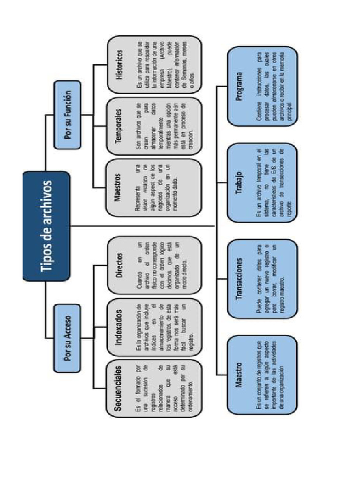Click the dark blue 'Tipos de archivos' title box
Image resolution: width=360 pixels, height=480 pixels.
(46, 226)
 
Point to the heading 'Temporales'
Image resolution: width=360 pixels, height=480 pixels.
(119, 126)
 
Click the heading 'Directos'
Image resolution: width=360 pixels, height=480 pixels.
(119, 265)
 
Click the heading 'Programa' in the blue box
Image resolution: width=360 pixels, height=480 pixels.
(240, 86)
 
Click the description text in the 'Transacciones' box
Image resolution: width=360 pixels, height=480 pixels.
(271, 279)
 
